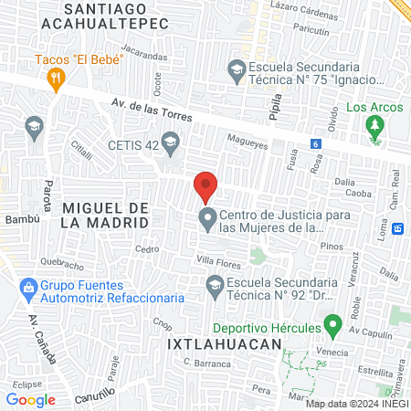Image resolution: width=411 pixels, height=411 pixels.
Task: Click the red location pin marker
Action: coord(205,186)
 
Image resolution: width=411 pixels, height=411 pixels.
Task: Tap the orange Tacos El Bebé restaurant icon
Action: coord(57,79)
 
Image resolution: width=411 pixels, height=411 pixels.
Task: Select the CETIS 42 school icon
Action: coord(170,142)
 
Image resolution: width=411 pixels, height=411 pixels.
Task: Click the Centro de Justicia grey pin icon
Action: coord(207,220)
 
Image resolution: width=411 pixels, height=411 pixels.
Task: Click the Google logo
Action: coord(31,399)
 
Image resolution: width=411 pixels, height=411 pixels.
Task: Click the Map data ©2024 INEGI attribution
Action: coord(357,404)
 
